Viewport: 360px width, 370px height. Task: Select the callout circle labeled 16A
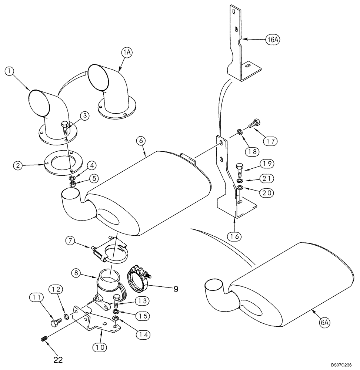click(x=272, y=40)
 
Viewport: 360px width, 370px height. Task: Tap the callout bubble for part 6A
click(x=325, y=323)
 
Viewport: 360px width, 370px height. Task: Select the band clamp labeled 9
click(x=139, y=280)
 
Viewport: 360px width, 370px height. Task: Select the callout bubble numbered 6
click(x=141, y=141)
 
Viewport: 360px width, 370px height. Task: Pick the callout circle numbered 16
click(x=236, y=235)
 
